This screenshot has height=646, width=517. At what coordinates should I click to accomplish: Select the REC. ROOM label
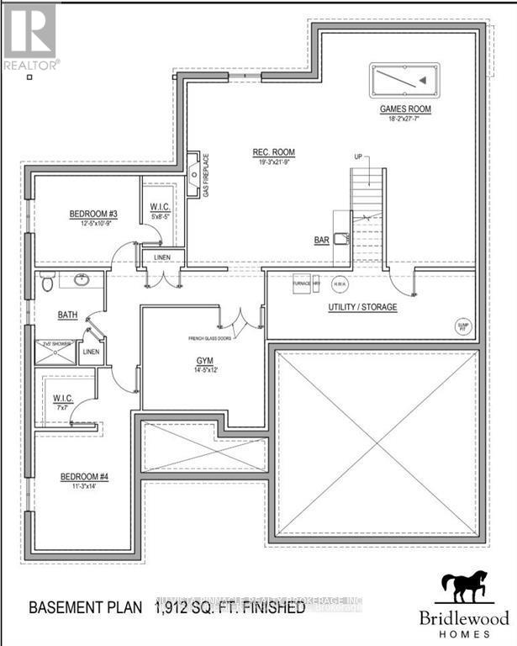[274, 152]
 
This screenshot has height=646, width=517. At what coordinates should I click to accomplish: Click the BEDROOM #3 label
[92, 214]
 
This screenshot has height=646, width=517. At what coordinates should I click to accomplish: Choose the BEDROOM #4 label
[84, 478]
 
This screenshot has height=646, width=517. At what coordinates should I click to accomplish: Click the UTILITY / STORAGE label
[362, 307]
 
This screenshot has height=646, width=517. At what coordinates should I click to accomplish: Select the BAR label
[321, 241]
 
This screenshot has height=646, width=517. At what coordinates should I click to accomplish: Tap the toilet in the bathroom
[47, 284]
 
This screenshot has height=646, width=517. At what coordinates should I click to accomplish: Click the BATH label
[67, 315]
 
